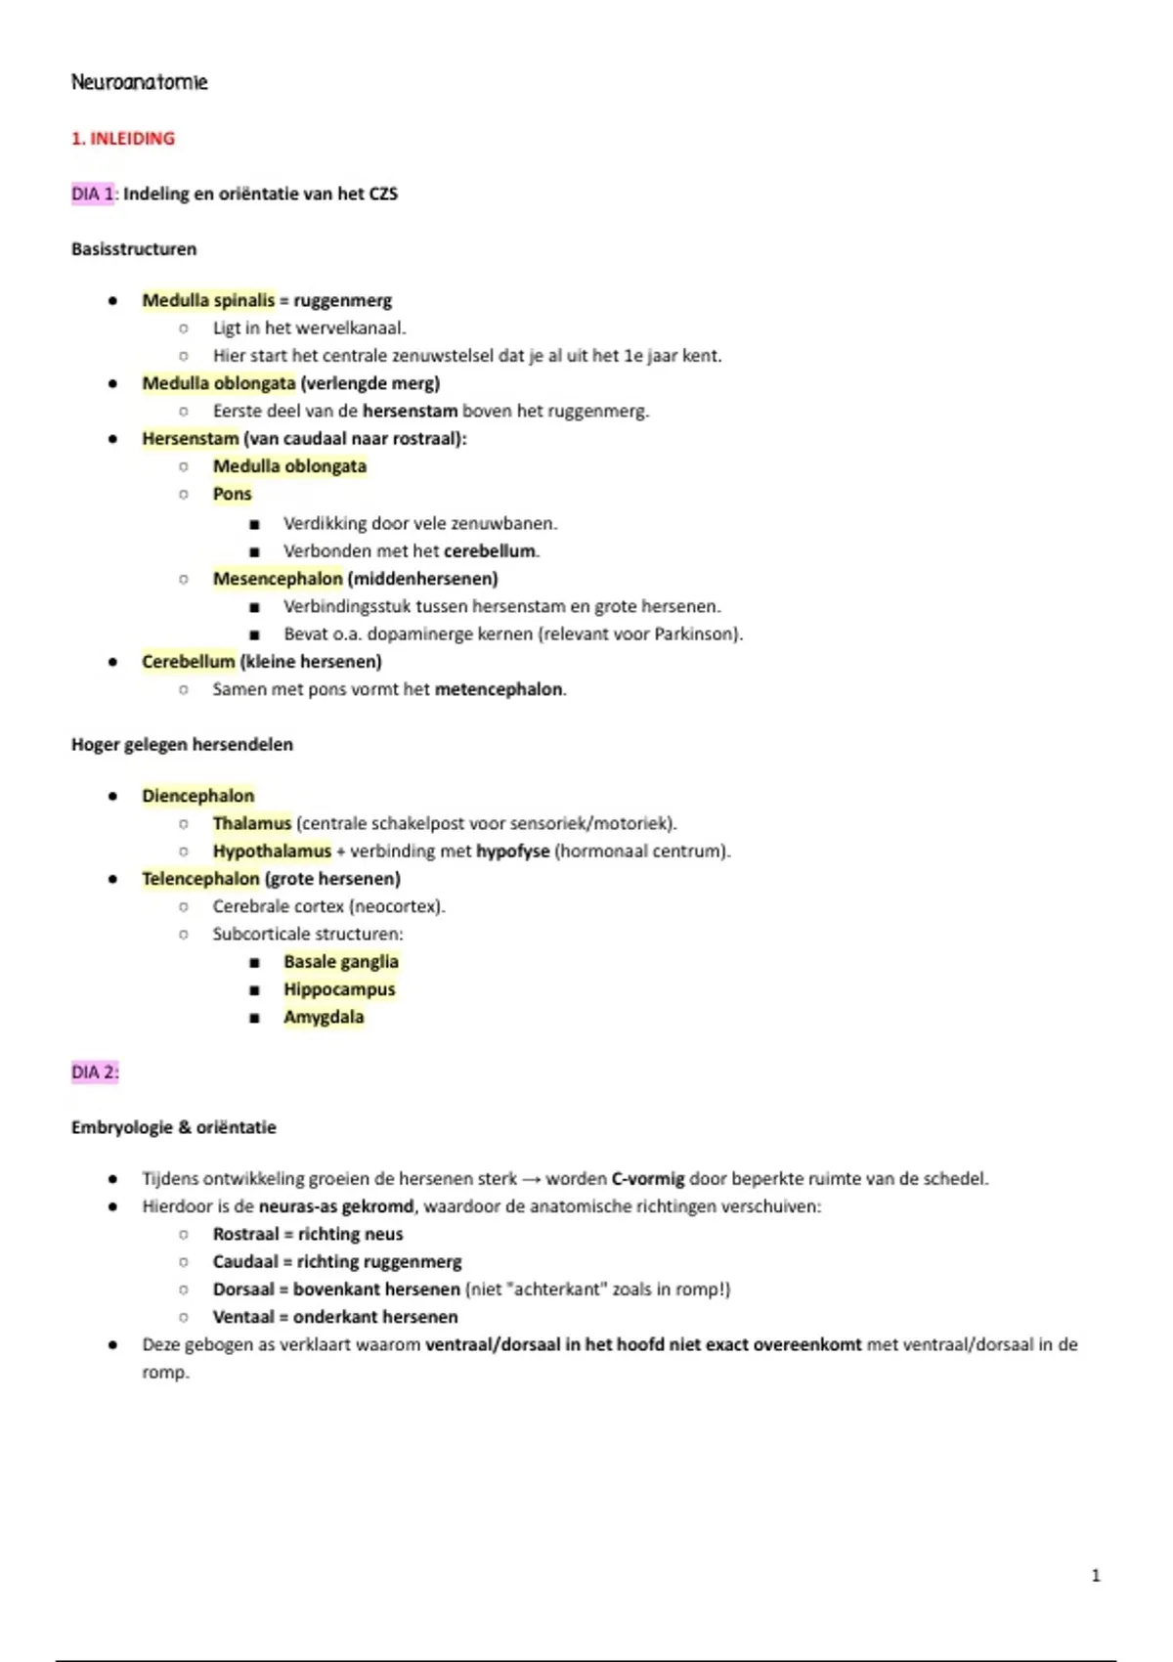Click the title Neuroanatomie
(139, 82)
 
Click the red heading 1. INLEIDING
(123, 139)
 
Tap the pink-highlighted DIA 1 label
(93, 194)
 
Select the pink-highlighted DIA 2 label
(94, 1072)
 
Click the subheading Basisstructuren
(134, 249)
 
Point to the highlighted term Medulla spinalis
(208, 300)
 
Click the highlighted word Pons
(233, 494)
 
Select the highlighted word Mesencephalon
(278, 579)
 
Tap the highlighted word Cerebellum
(189, 662)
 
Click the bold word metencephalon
(499, 689)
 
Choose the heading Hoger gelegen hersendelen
(182, 745)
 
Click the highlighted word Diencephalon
(197, 796)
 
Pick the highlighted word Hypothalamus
(272, 852)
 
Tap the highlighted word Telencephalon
(200, 879)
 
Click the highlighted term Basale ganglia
(341, 962)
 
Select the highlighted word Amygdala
(324, 1018)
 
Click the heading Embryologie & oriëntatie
(174, 1128)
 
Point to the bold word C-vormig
(648, 1179)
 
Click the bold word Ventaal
(243, 1317)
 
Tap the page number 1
(1095, 1575)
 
